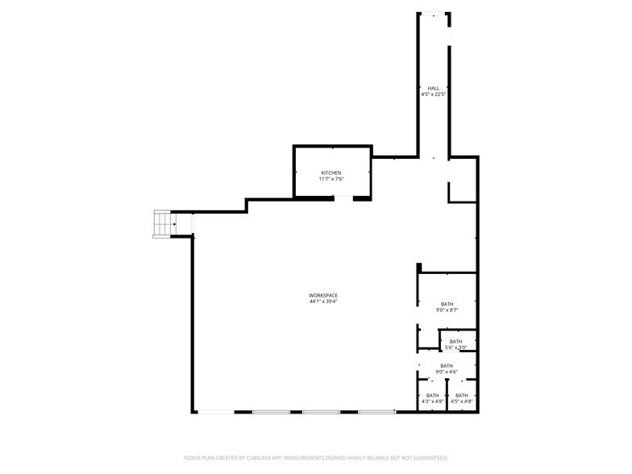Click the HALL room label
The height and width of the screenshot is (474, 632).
coord(434,88)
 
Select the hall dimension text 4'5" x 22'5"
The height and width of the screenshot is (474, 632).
coord(434,94)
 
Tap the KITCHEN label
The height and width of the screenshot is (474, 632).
coord(331,173)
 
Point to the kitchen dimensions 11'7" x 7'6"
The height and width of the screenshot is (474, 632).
coord(331,179)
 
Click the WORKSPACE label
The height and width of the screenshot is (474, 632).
coord(322,295)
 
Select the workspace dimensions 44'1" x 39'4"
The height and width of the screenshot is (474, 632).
coord(322,301)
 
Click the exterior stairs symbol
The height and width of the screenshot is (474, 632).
coord(164,224)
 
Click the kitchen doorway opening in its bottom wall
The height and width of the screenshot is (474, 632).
coord(343,197)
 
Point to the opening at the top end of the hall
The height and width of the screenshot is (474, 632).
coord(434,13)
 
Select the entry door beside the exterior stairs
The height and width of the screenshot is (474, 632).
coord(192,224)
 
